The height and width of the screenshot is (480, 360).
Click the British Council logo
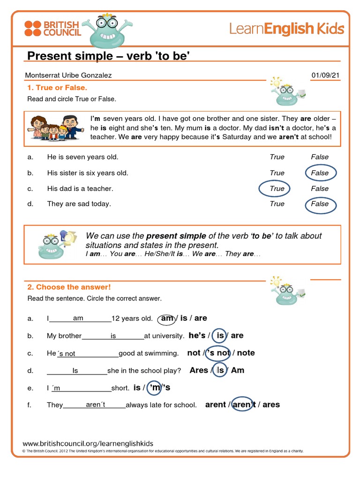tap(52, 28)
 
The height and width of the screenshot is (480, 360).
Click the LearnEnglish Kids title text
tap(286, 29)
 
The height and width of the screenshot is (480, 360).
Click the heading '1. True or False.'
tap(57, 88)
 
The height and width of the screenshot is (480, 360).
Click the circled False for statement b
tap(320, 173)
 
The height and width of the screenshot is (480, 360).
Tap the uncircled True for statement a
tap(277, 157)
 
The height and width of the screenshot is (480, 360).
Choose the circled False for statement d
tap(320, 204)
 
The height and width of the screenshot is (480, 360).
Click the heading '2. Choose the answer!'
tap(69, 287)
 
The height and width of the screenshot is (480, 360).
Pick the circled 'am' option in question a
tap(167, 318)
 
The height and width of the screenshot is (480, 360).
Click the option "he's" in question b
tap(197, 336)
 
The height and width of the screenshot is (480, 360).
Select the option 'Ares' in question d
tap(199, 370)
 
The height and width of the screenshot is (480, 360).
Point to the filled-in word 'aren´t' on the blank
tap(96, 405)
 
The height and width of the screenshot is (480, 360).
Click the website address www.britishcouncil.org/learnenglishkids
tap(88, 443)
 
